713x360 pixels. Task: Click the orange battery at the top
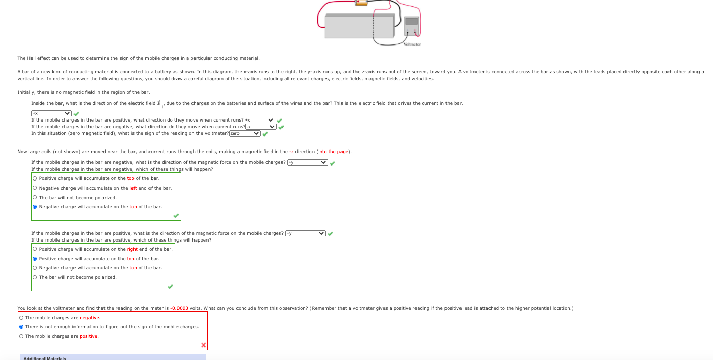coord(361,3)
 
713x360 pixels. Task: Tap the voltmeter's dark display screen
coord(411,21)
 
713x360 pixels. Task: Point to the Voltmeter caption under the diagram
coord(412,44)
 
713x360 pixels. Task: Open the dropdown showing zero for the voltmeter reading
coord(245,133)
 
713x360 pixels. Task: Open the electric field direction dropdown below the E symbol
coord(51,113)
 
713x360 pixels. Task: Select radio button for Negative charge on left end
coord(35,188)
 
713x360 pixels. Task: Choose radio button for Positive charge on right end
coord(35,249)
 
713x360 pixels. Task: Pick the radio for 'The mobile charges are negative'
coord(21,318)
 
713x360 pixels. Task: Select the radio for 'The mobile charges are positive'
coord(21,336)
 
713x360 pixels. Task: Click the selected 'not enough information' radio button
coord(21,327)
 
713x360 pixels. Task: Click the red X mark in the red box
coord(203,345)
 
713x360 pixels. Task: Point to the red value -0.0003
coord(179,308)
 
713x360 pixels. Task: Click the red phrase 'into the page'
coord(334,152)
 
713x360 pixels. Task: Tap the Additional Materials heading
coord(45,358)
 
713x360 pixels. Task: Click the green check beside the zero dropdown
coord(265,134)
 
